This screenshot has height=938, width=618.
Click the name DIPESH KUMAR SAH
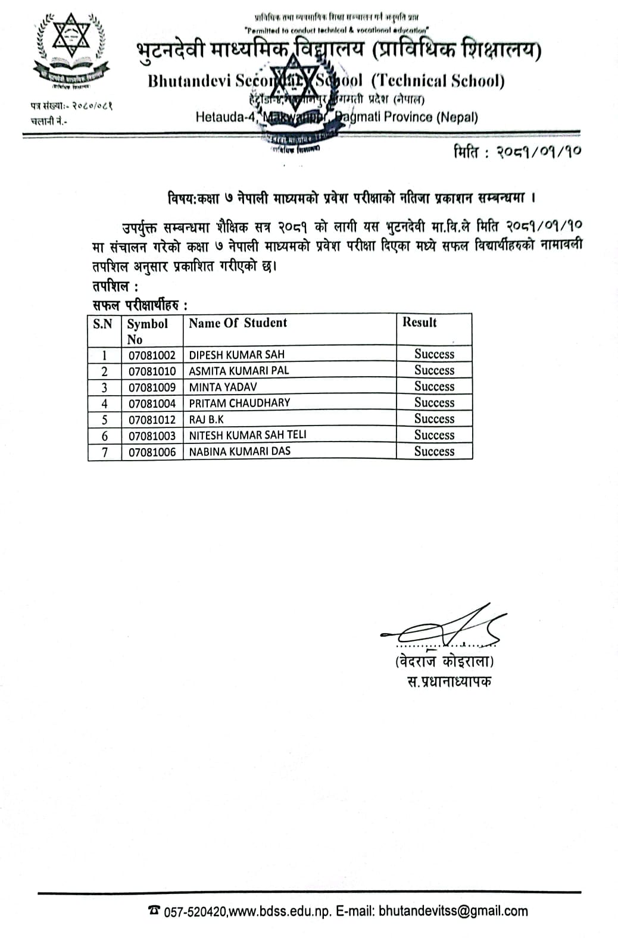click(x=236, y=355)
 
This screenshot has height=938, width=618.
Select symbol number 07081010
click(x=152, y=371)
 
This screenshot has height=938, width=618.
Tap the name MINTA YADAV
click(x=223, y=387)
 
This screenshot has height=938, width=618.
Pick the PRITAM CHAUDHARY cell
click(x=239, y=403)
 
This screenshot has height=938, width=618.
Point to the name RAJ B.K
click(x=206, y=419)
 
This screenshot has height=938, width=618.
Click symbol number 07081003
click(x=152, y=436)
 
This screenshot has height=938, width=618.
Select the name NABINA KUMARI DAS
click(x=239, y=451)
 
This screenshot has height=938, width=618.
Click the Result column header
click(x=419, y=323)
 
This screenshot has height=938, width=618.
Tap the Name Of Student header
click(x=238, y=323)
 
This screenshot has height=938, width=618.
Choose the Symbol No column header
click(x=147, y=331)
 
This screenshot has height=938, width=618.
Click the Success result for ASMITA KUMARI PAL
click(x=434, y=371)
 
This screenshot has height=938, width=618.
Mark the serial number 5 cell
click(x=105, y=420)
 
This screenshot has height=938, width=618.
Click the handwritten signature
click(x=444, y=627)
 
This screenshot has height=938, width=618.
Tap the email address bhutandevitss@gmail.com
click(x=453, y=911)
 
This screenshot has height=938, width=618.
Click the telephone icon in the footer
click(x=154, y=911)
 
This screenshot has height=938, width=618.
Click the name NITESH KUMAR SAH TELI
click(x=248, y=435)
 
